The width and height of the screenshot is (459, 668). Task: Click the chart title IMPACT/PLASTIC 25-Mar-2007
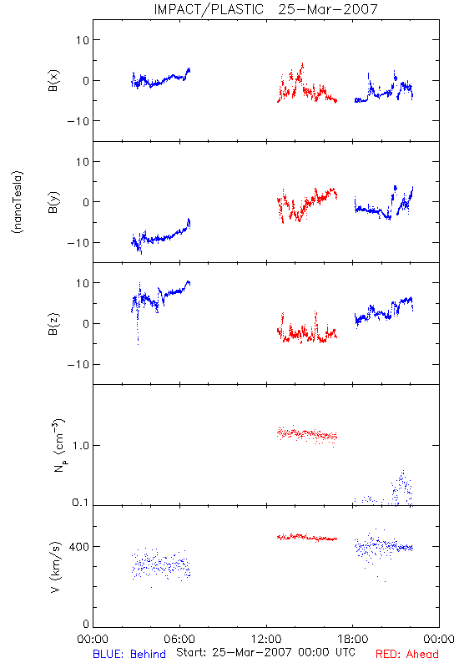pos(265,9)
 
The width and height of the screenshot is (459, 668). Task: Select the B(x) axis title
pos(53,80)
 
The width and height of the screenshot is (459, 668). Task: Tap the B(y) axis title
pos(53,202)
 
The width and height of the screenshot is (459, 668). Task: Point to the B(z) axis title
pos(53,324)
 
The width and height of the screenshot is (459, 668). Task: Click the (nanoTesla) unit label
pos(18,202)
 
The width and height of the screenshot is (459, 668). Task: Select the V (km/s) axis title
pos(55,567)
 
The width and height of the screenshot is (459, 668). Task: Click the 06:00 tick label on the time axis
pos(179,639)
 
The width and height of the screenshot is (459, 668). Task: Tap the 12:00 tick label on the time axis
pos(266,639)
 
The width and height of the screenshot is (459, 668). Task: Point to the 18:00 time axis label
pos(353,639)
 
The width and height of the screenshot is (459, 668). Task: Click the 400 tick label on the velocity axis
pos(79,547)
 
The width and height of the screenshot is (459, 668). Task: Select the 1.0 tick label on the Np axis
pos(81,446)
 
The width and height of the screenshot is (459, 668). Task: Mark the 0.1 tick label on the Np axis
pos(80,503)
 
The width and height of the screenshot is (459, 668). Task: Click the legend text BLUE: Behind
pos(129,654)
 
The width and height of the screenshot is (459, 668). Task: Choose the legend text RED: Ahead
pos(407,654)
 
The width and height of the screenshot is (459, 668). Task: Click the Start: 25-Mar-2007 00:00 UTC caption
pos(265,652)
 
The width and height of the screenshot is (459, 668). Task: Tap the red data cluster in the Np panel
pos(307,435)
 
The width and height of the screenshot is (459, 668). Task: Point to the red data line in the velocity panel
pos(307,538)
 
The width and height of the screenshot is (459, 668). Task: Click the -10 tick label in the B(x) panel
pos(78,121)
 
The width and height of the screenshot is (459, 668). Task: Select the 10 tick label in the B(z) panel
pos(83,283)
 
